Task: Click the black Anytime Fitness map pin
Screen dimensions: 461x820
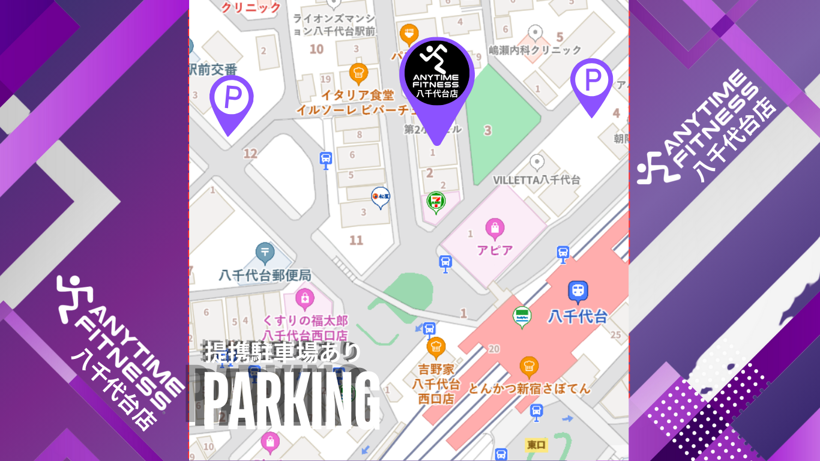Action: coord(436,78)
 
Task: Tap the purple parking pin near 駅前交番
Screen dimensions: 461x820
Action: coord(231,99)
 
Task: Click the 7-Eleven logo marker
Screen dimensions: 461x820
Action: coord(436,202)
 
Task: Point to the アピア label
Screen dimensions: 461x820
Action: coord(495,250)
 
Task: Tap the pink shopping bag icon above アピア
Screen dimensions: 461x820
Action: coord(495,228)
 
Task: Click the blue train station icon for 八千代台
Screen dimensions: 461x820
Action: coord(577,291)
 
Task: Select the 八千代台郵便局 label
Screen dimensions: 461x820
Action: coord(265,276)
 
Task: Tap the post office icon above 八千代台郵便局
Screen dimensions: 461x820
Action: coord(265,253)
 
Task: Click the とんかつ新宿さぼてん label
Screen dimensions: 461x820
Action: coord(529,389)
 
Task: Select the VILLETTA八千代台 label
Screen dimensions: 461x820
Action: coord(537,179)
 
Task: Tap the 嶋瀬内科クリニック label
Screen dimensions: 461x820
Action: coord(535,50)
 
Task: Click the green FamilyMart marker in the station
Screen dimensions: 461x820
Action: coord(522,316)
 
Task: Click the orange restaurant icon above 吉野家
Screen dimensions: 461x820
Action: coord(436,346)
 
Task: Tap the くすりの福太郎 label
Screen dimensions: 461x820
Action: coord(306,321)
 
